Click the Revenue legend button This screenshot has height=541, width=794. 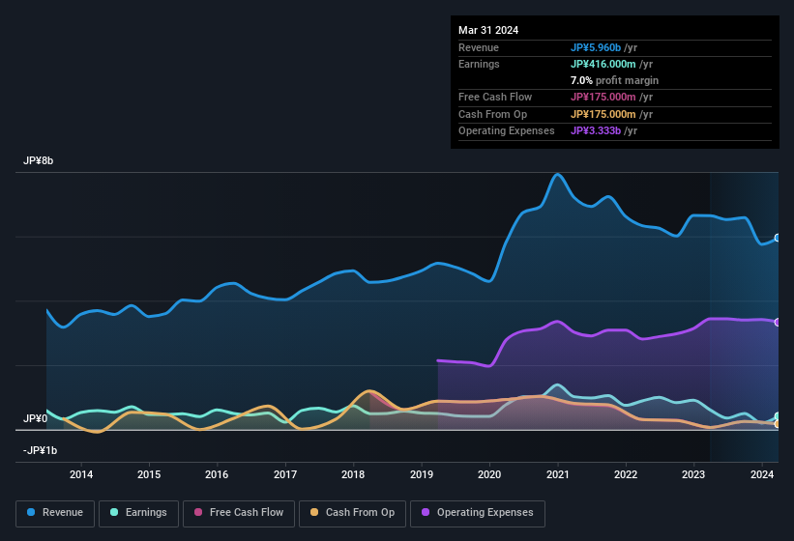tap(56, 513)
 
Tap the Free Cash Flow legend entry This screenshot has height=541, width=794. tap(238, 513)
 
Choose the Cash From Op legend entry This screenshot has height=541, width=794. tap(352, 513)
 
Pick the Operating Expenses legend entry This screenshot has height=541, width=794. tap(478, 513)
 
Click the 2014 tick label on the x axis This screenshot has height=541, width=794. tap(81, 473)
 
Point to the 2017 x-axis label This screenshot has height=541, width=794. tap(285, 473)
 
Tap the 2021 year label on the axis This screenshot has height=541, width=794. tap(557, 473)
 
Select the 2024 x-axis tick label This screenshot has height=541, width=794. tap(761, 473)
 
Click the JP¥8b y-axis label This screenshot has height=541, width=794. tap(39, 161)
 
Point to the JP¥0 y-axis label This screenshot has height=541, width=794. tap(36, 418)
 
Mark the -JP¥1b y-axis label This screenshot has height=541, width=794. tap(40, 450)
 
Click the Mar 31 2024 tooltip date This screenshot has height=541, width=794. tap(488, 30)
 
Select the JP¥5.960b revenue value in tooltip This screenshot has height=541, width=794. tap(596, 47)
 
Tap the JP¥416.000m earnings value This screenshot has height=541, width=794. tap(604, 64)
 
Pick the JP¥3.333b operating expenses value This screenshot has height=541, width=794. tap(596, 130)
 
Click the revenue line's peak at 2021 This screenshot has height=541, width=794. tap(557, 175)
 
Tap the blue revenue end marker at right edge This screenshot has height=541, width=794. tap(778, 238)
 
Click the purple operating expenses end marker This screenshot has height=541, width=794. tap(778, 322)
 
